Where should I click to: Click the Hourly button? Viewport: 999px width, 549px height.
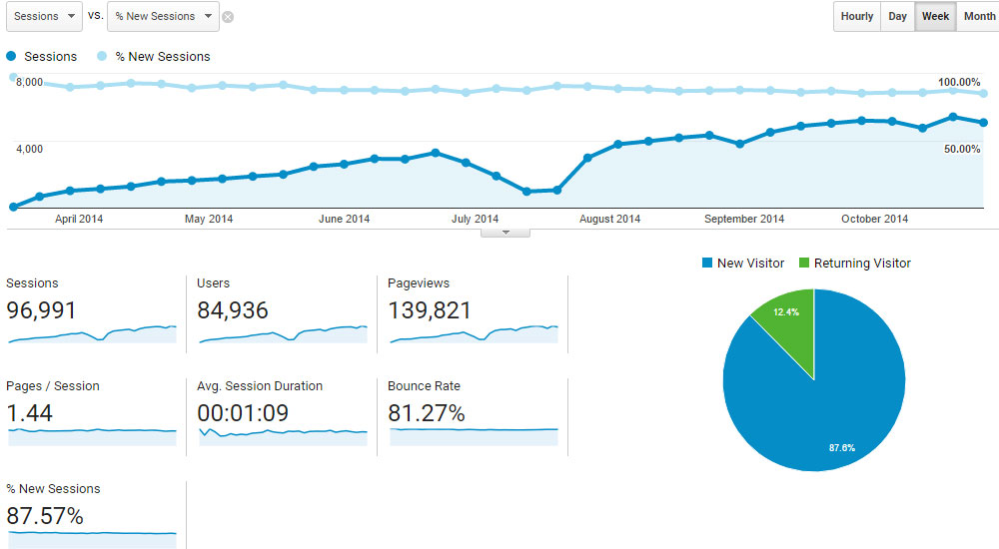click(857, 17)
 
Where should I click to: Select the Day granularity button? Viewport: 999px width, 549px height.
click(897, 17)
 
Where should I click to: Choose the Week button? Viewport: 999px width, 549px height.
click(935, 17)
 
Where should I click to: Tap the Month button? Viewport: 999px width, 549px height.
click(978, 17)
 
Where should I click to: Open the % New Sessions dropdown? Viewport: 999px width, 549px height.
click(162, 16)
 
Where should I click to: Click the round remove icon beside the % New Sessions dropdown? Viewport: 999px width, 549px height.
click(228, 17)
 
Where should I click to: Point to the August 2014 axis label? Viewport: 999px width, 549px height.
click(609, 219)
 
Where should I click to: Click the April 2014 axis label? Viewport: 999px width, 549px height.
click(79, 219)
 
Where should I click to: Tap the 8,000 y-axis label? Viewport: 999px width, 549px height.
click(29, 82)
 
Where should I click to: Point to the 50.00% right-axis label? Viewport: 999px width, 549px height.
click(962, 149)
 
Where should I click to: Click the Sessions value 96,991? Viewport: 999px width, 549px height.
click(41, 310)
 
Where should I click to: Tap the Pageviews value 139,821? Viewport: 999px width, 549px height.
click(429, 310)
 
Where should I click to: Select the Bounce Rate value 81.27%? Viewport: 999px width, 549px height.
click(427, 413)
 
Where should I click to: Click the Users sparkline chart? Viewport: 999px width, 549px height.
click(283, 333)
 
